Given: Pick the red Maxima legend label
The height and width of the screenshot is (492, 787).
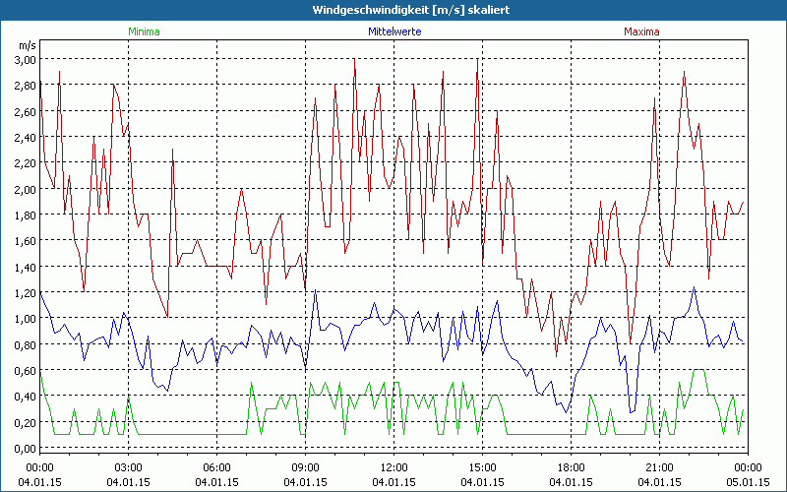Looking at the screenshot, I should click(641, 31).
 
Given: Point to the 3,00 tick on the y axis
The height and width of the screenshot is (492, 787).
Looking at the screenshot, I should click(25, 59).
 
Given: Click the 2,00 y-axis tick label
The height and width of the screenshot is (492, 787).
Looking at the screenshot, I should click(25, 189).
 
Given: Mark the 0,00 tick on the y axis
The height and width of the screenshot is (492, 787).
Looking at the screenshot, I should click(25, 448).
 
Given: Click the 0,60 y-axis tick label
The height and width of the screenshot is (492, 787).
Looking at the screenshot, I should click(25, 370).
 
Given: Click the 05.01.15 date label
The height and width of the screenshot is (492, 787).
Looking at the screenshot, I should click(748, 481).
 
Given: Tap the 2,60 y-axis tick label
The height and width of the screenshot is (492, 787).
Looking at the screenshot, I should click(25, 111).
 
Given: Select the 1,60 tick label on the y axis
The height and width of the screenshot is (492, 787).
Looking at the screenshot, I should click(25, 240).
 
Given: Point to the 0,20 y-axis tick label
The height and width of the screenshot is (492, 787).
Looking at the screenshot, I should click(25, 422).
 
